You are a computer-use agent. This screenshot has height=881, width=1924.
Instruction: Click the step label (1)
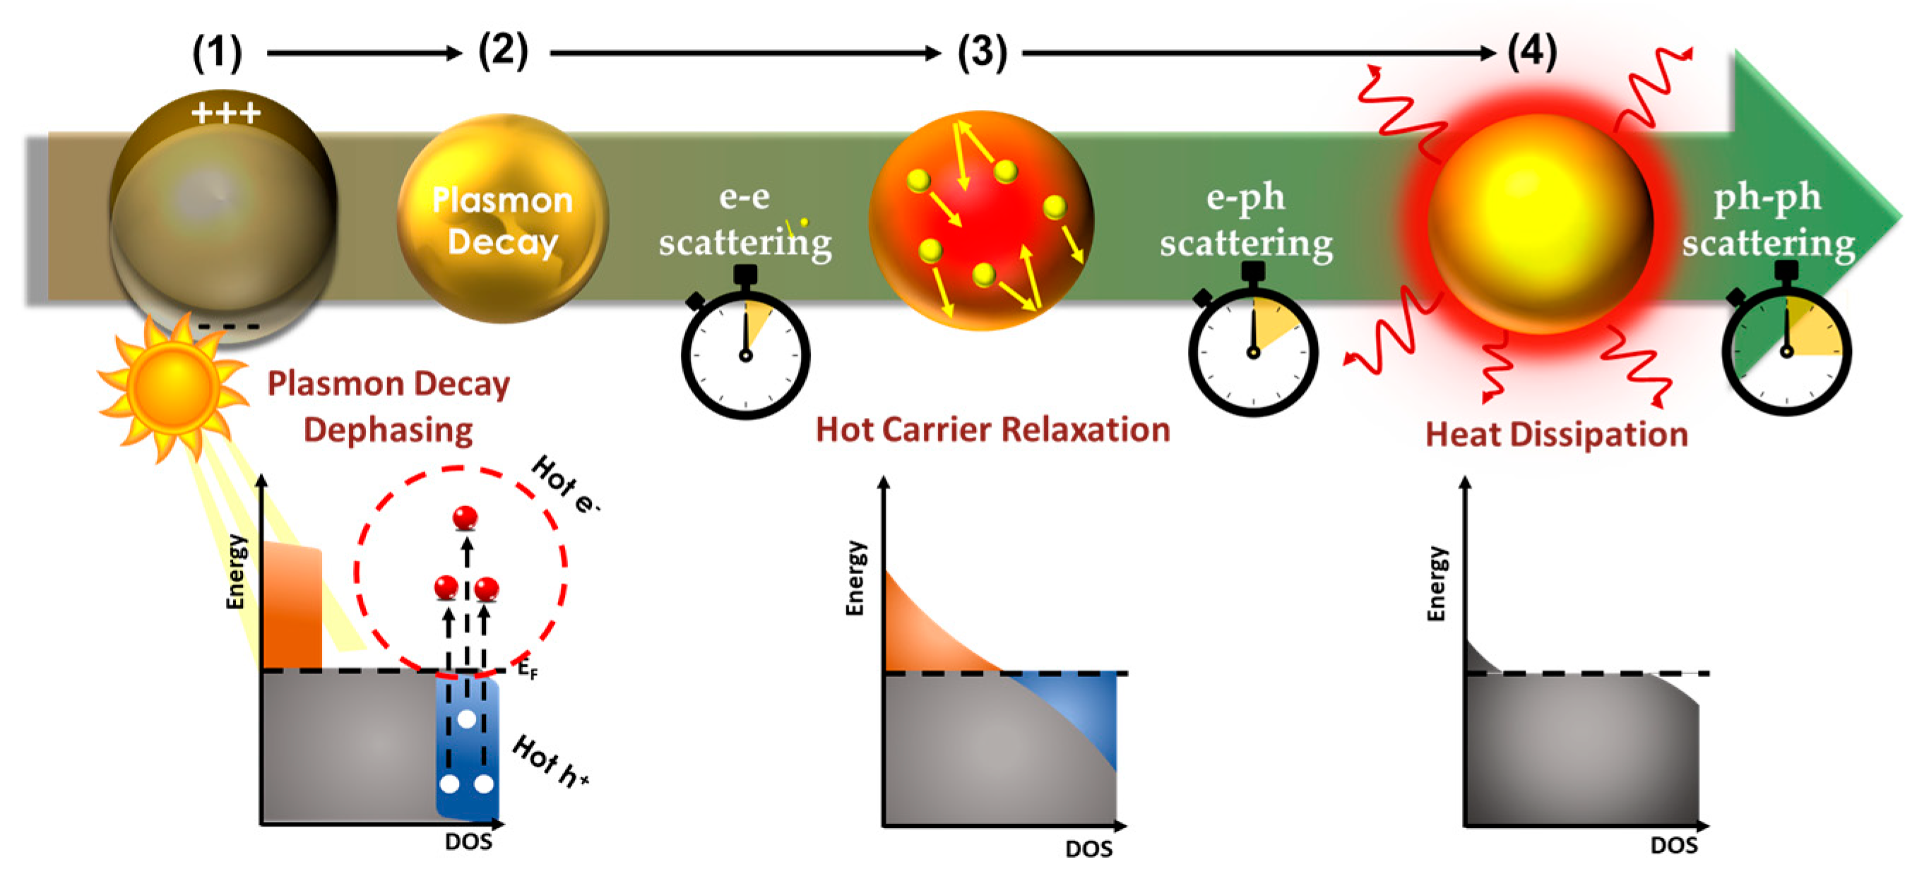(x=218, y=53)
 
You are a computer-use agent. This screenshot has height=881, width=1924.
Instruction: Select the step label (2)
(x=504, y=52)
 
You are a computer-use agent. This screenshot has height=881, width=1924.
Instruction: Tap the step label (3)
(x=982, y=53)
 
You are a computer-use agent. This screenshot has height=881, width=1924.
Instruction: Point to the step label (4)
(x=1532, y=52)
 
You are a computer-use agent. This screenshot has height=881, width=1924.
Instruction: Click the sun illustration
(x=172, y=386)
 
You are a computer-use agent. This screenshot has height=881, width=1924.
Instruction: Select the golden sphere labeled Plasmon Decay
(x=503, y=220)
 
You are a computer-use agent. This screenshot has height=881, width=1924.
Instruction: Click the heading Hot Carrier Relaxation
(x=992, y=430)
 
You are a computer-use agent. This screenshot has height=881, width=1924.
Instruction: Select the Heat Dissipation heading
(x=1557, y=435)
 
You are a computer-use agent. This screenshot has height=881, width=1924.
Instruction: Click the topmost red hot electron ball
(x=465, y=517)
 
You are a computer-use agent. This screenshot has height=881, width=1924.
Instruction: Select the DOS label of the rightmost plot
(x=1674, y=845)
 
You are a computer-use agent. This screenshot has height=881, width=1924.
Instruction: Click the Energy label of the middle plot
(x=855, y=578)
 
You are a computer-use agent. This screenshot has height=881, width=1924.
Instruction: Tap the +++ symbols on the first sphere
(x=226, y=114)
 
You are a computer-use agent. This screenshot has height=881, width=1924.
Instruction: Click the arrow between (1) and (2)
(x=364, y=53)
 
